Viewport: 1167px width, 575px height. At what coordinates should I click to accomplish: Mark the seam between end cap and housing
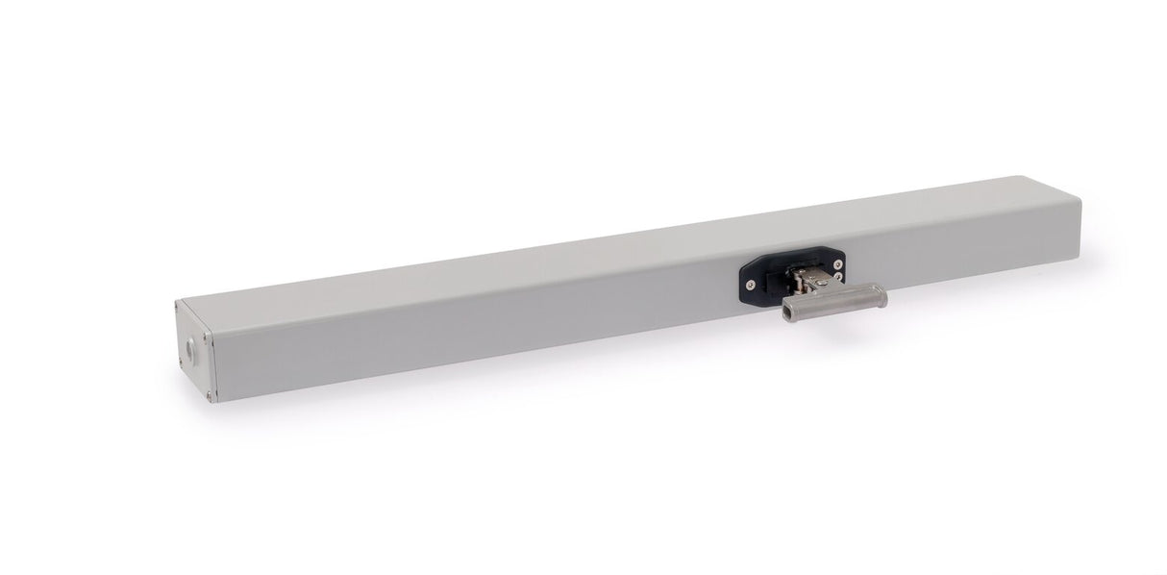[214, 352]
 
